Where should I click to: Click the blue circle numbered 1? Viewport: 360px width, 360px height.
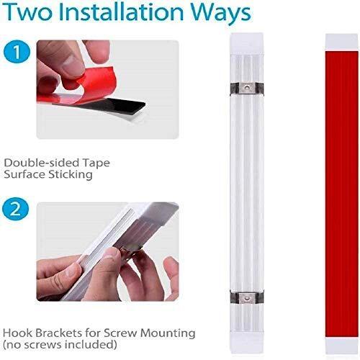pyautogui.click(x=17, y=53)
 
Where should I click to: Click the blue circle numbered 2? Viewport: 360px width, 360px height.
pyautogui.click(x=16, y=210)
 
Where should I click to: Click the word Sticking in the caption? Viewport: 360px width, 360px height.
pyautogui.click(x=71, y=174)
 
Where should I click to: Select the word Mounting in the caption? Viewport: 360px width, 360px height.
pyautogui.click(x=168, y=334)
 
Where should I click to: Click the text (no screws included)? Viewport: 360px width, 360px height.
pyautogui.click(x=60, y=345)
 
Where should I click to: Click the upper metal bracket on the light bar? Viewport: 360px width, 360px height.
pyautogui.click(x=247, y=89)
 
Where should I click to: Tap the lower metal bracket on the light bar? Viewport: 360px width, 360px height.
pyautogui.click(x=247, y=298)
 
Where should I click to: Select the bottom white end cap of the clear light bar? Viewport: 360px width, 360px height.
pyautogui.click(x=247, y=343)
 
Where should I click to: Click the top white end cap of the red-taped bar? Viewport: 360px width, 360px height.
pyautogui.click(x=342, y=42)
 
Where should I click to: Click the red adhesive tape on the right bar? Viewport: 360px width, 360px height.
pyautogui.click(x=342, y=194)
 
